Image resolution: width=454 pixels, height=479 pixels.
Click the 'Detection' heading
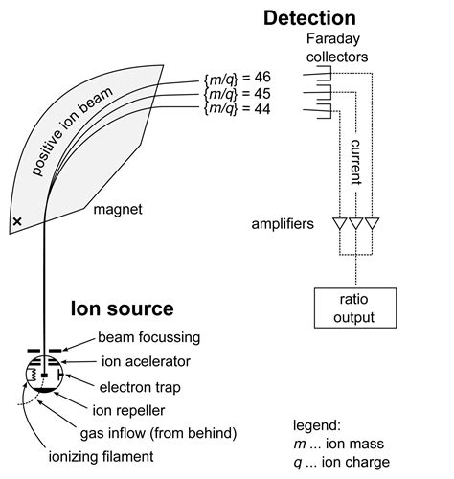pyautogui.click(x=309, y=17)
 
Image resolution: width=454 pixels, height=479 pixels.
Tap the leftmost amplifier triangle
pyautogui.click(x=338, y=224)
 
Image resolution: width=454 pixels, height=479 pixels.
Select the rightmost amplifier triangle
pyautogui.click(x=373, y=224)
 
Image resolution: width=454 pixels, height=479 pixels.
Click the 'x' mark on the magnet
pyautogui.click(x=16, y=222)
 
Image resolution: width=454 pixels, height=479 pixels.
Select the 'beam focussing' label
pyautogui.click(x=149, y=338)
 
